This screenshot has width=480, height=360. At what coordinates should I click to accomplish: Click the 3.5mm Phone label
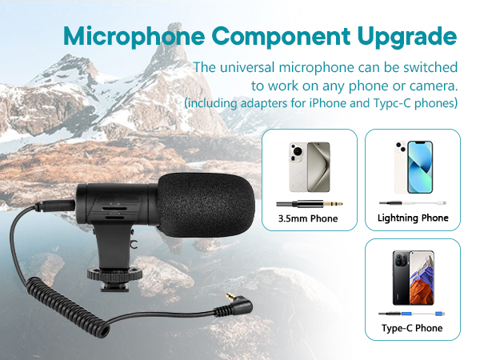click(x=308, y=218)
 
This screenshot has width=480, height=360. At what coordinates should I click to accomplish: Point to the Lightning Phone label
click(x=413, y=218)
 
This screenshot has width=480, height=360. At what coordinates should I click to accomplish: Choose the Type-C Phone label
click(x=413, y=328)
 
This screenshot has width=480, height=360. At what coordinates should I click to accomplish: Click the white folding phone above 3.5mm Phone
click(x=309, y=166)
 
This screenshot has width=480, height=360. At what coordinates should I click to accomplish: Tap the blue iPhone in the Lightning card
click(x=412, y=166)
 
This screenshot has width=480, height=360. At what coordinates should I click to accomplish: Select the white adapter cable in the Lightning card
click(x=413, y=204)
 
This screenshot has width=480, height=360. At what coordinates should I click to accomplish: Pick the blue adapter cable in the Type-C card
click(x=413, y=314)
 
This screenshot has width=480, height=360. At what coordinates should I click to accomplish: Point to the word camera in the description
click(x=433, y=84)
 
